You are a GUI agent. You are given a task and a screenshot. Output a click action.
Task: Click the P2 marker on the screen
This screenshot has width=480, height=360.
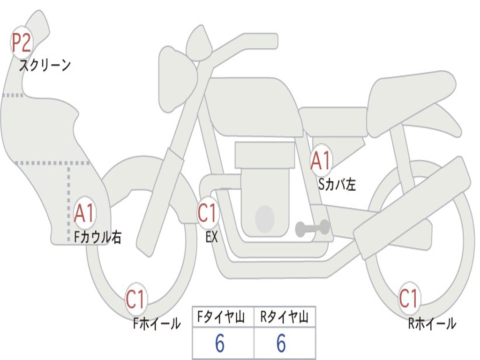click(21, 43)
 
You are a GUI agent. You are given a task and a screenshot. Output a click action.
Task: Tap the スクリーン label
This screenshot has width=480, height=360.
click(45, 65)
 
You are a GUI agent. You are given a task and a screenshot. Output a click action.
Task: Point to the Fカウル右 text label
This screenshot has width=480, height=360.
click(98, 237)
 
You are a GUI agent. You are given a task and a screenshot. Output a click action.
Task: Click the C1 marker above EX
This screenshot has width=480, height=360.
click(208, 213)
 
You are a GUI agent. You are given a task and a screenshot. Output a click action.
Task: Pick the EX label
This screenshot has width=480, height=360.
click(212, 237)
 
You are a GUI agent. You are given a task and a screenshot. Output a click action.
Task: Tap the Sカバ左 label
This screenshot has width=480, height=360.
click(337, 185)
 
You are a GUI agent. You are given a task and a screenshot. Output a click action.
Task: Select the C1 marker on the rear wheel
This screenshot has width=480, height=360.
click(408, 299)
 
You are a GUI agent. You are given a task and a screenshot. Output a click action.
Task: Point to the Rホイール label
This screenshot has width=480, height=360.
click(432, 323)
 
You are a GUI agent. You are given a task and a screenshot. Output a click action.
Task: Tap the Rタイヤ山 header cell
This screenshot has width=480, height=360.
click(284, 318)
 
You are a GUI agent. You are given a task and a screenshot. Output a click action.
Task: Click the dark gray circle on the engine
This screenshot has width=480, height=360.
click(265, 218)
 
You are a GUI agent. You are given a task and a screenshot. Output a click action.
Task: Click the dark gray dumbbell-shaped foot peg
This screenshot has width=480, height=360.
click(312, 228)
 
